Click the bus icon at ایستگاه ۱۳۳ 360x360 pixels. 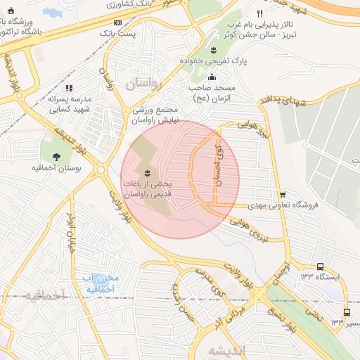click(x=320, y=266)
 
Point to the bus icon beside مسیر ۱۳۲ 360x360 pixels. click(x=346, y=312)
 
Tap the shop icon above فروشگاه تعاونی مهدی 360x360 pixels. click(x=283, y=195)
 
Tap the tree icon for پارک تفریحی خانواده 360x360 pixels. click(x=212, y=50)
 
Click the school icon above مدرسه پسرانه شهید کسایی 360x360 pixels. click(x=69, y=88)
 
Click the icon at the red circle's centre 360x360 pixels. click(x=147, y=172)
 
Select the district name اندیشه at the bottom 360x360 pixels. click(x=226, y=349)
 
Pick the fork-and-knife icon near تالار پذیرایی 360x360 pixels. click(x=260, y=13)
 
